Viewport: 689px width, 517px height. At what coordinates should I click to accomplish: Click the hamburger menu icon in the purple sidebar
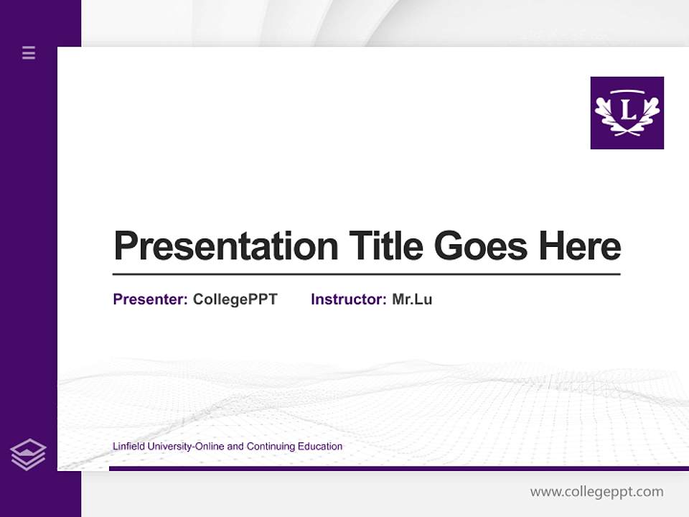[x=29, y=52]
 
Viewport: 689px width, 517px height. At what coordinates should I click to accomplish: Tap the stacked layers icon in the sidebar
[x=28, y=455]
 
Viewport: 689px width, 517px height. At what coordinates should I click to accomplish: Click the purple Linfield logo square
[x=627, y=113]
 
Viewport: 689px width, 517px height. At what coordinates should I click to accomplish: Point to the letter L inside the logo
[x=628, y=111]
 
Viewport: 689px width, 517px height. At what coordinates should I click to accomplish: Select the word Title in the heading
[x=386, y=246]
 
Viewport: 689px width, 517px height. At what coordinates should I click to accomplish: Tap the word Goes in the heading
[x=481, y=246]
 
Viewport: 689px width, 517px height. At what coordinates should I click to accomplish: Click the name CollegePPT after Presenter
[x=235, y=299]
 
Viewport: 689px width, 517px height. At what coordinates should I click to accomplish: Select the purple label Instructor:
[x=348, y=299]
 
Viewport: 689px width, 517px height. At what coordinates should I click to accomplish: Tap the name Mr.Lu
[x=412, y=299]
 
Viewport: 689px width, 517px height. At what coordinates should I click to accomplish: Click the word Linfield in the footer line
[x=128, y=447]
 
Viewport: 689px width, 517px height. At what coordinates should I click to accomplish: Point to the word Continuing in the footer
[x=271, y=447]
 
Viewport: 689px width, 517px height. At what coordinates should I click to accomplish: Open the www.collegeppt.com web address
[x=596, y=492]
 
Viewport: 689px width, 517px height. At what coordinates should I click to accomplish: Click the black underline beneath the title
[x=366, y=274]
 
